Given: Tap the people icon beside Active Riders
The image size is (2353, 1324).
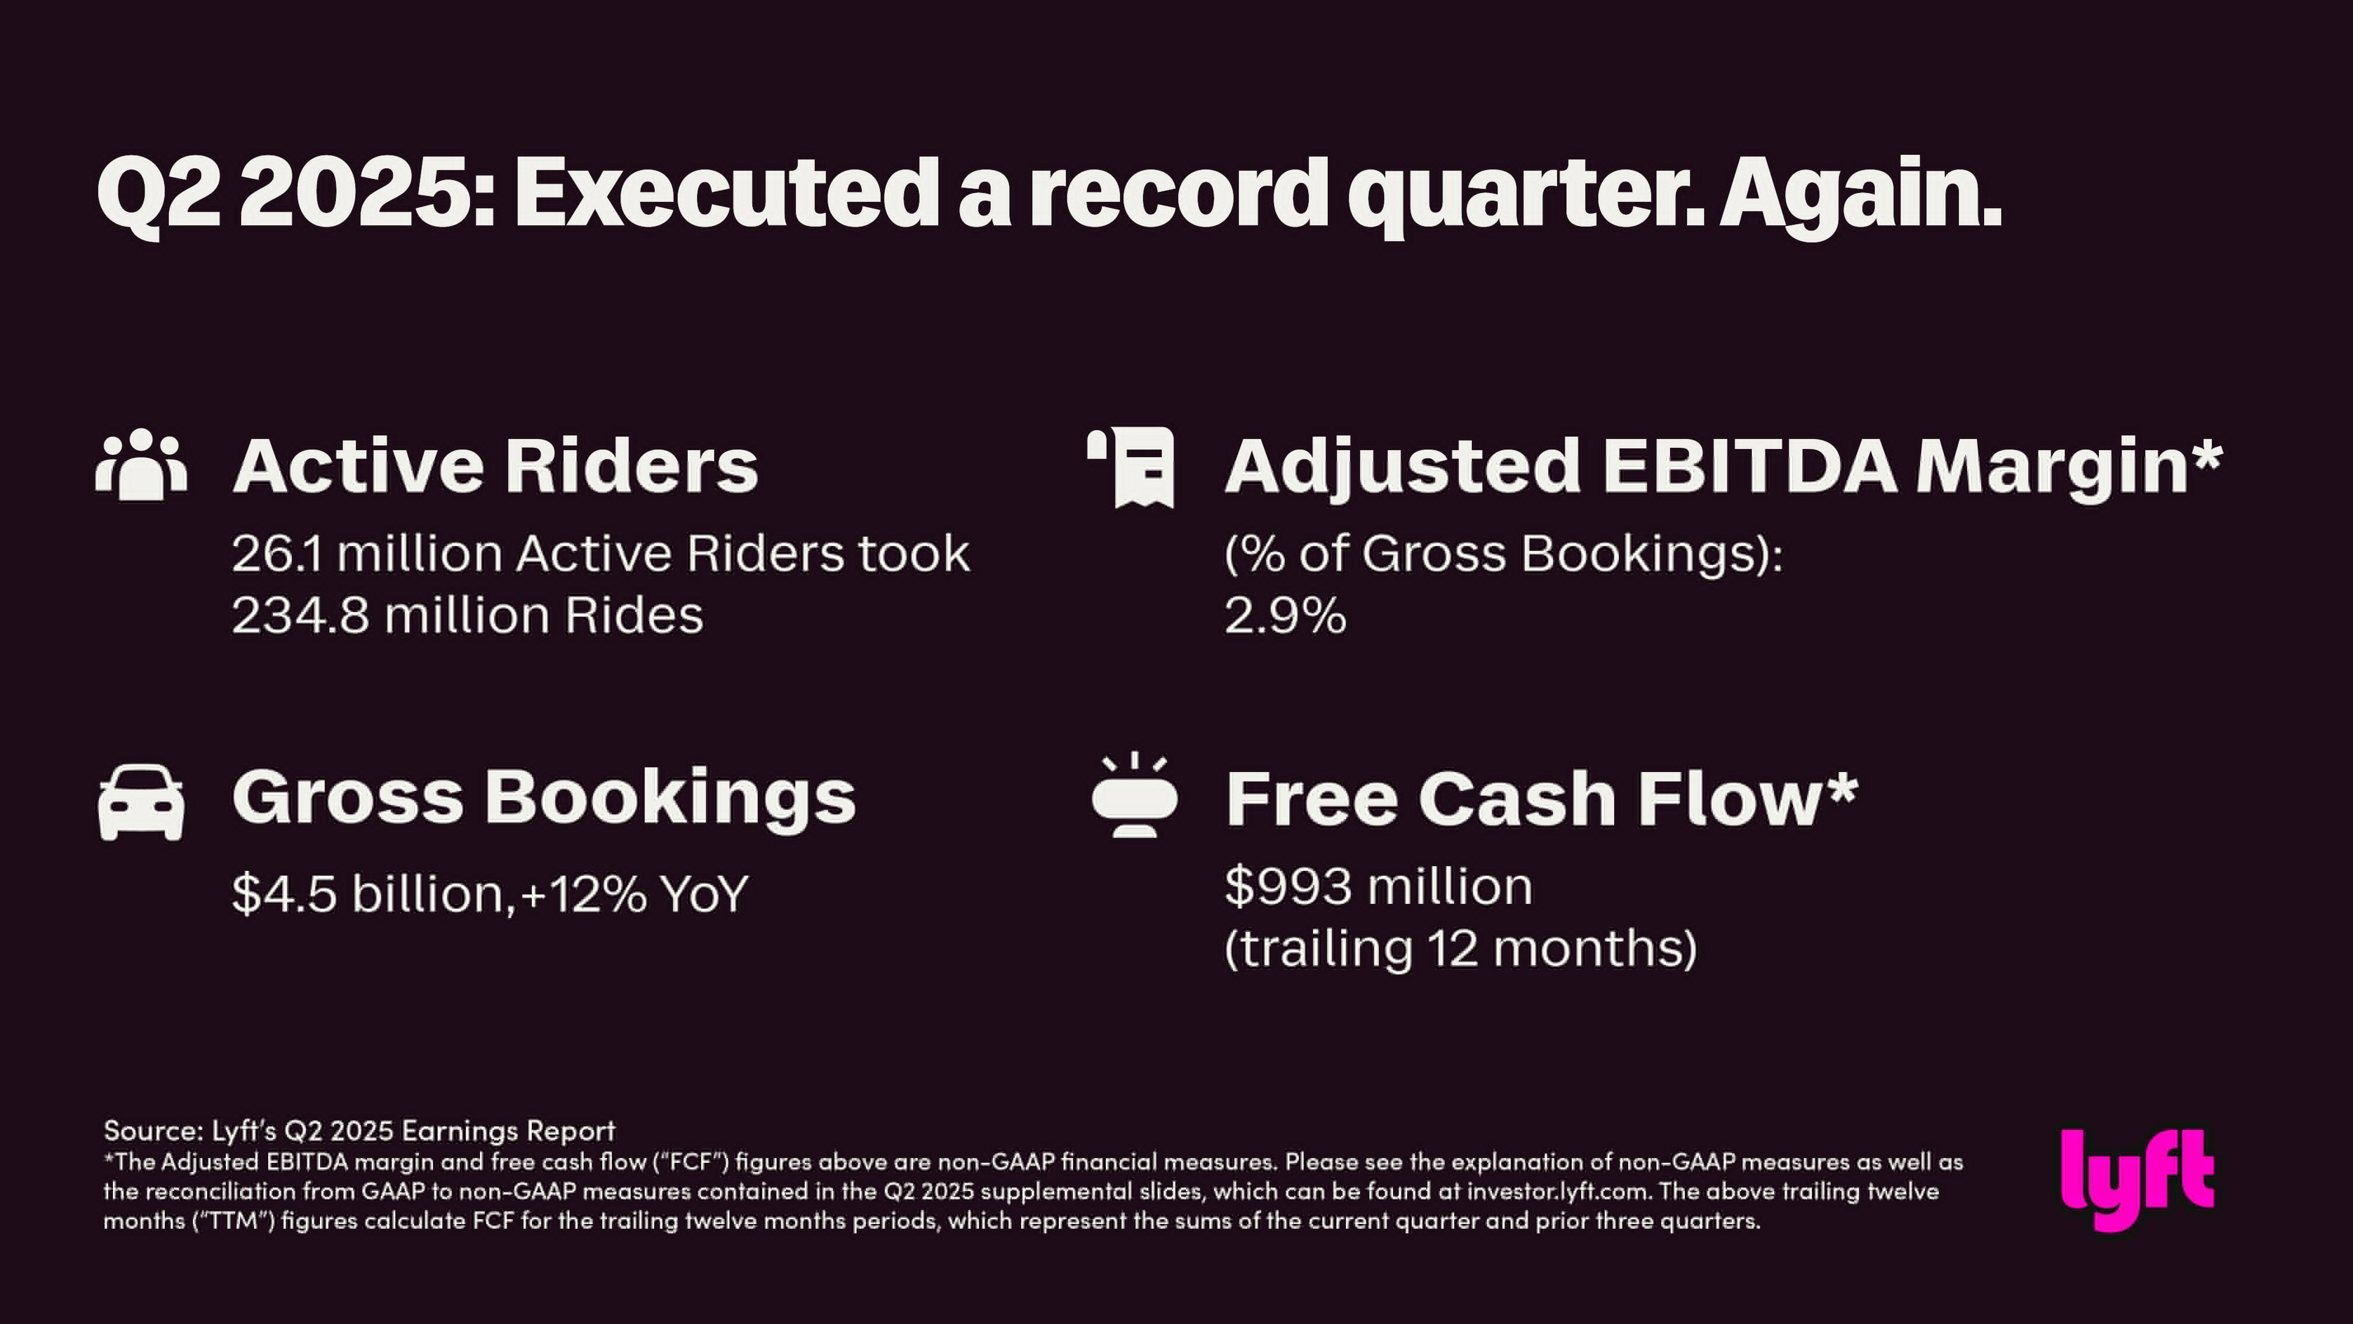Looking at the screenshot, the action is pyautogui.click(x=142, y=464).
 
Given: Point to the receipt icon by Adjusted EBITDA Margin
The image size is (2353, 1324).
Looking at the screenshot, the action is pyautogui.click(x=1131, y=467).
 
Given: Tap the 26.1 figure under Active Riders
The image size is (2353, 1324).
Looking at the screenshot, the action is pyautogui.click(x=276, y=554).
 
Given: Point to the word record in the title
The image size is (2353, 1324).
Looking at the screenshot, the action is pyautogui.click(x=1178, y=193).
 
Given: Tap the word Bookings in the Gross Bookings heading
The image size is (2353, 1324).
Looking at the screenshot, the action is pyautogui.click(x=671, y=799).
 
